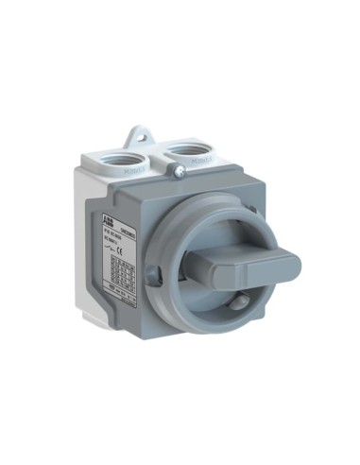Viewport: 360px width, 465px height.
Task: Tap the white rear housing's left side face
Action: pos(80,246)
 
